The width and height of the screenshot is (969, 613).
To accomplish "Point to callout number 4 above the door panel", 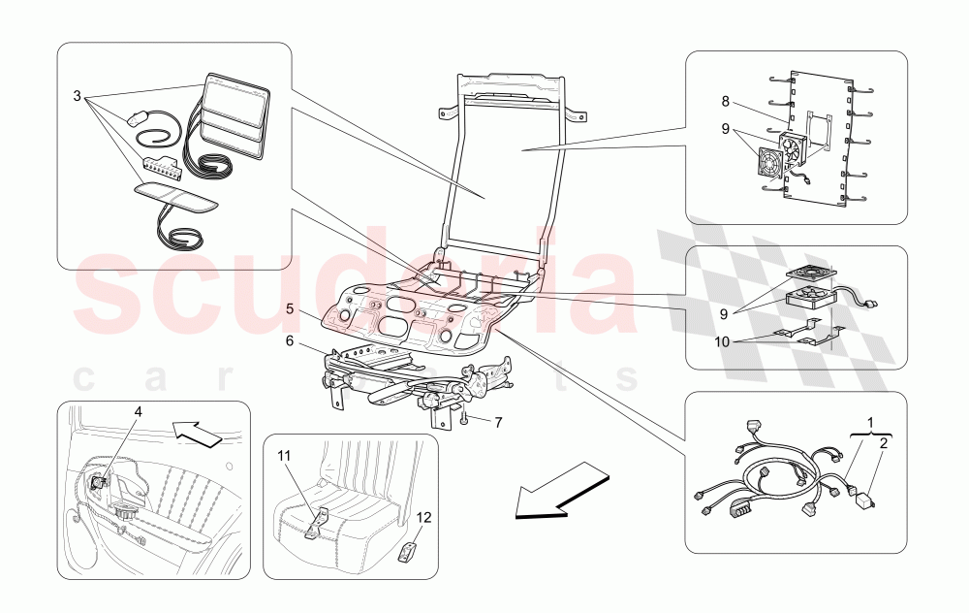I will [x=138, y=411].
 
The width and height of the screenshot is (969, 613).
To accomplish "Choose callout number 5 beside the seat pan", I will [x=290, y=309].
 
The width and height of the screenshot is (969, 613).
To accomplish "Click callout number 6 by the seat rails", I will [x=290, y=340].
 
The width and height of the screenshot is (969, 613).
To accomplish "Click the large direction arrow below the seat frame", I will [x=559, y=490].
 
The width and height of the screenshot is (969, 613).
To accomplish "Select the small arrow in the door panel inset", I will [x=199, y=430].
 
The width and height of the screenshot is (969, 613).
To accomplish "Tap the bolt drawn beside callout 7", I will [x=465, y=419].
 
